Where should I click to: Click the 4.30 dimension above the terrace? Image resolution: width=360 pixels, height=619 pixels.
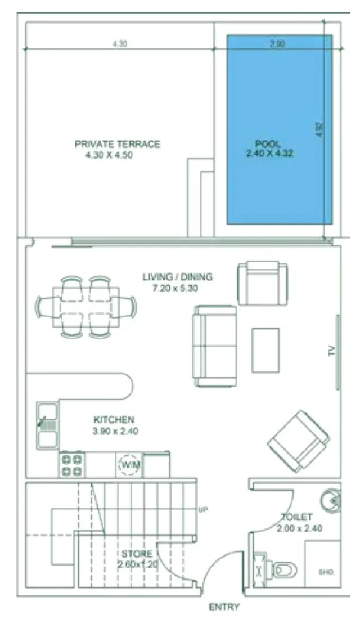[119, 44]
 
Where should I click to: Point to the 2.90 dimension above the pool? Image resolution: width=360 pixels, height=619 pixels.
[277, 44]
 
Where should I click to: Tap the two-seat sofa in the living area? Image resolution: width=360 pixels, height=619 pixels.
[214, 346]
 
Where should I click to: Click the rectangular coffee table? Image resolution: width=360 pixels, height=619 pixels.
[266, 349]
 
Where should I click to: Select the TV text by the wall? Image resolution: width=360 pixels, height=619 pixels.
[332, 352]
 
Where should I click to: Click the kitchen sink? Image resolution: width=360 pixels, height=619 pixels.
[47, 426]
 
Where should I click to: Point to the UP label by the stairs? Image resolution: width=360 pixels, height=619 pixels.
[203, 510]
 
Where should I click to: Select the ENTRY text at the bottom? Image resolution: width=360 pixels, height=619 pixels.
[224, 607]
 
